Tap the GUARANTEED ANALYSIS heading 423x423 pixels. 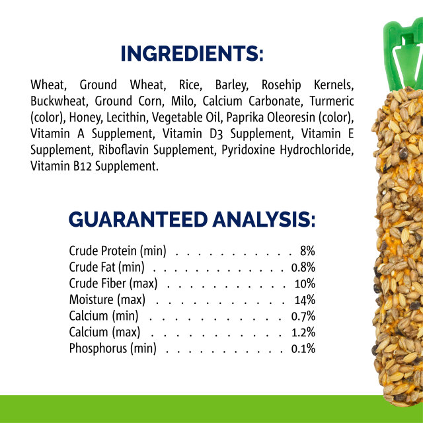tap(192, 219)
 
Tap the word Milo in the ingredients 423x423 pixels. tap(181, 102)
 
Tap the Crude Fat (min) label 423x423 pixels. tap(106, 268)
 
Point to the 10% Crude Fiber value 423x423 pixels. tap(305, 284)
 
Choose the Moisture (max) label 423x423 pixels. tap(107, 300)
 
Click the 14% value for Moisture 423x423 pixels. tap(305, 300)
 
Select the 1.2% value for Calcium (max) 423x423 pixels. tap(303, 332)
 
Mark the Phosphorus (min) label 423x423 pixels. tap(112, 349)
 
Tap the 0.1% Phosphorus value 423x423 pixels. tap(303, 349)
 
